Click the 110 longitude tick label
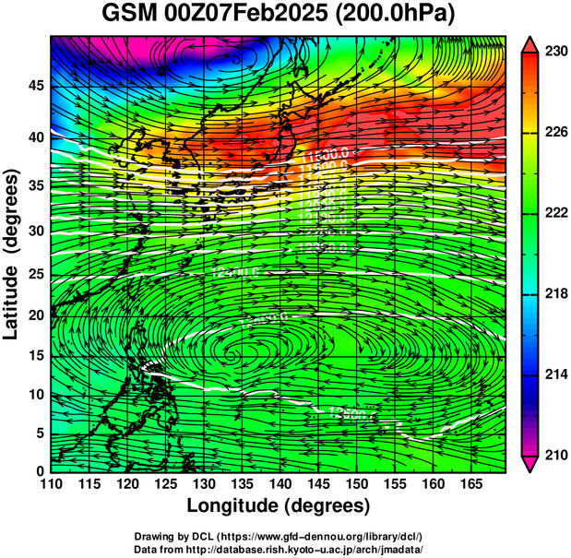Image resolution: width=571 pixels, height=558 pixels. [51, 483]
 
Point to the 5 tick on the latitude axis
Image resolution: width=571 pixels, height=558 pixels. [40, 433]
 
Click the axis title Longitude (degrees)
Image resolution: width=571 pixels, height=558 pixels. [279, 506]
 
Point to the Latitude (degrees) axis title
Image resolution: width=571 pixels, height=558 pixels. [13, 254]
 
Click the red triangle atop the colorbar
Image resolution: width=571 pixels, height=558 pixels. [529, 44]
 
